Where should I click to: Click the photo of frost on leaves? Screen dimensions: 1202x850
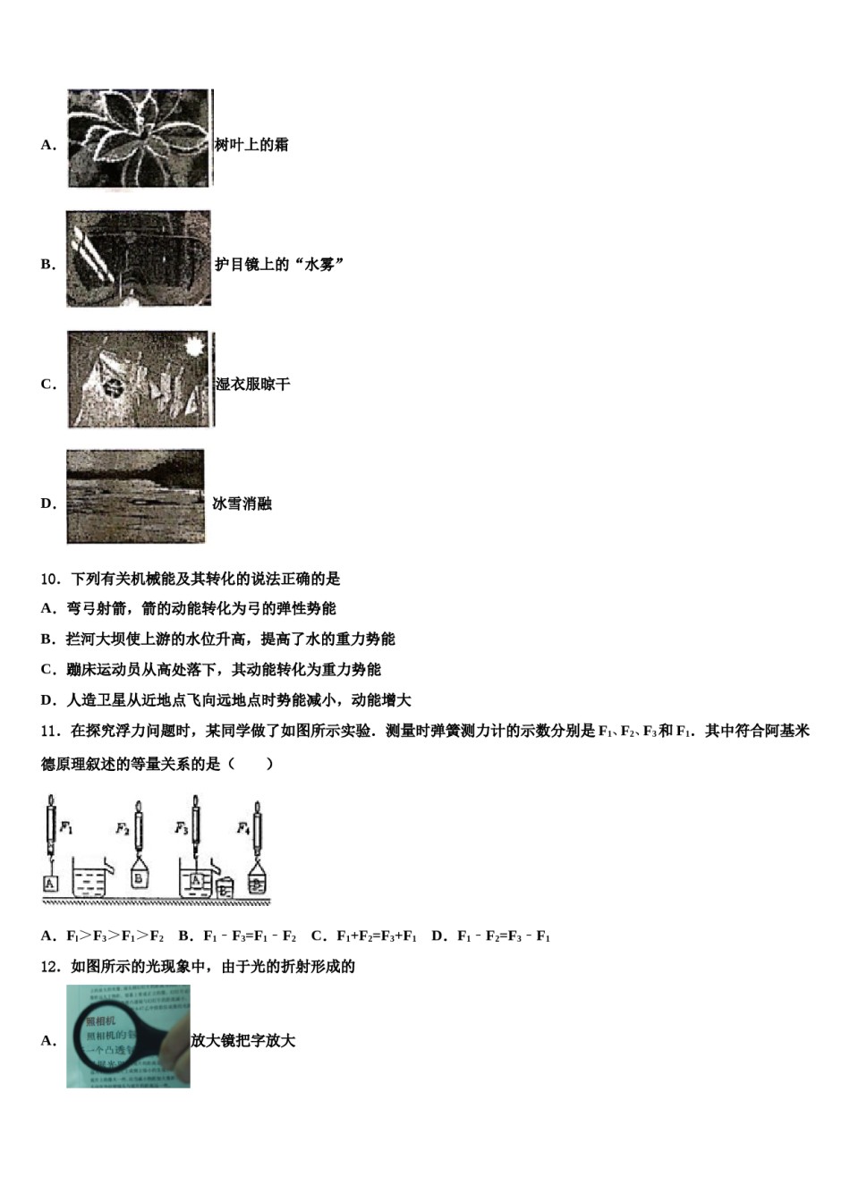(x=140, y=140)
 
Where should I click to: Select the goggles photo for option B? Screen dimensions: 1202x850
(x=139, y=259)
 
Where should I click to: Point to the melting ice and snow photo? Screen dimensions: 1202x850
(x=135, y=497)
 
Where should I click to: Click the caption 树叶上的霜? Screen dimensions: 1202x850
(x=251, y=145)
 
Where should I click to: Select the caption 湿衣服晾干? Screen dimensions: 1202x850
(x=253, y=385)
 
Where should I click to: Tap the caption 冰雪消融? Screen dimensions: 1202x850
(x=242, y=504)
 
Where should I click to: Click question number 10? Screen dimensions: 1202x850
(x=50, y=580)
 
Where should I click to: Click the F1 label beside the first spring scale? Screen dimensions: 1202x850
(x=66, y=828)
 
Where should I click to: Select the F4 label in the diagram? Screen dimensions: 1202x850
(x=242, y=828)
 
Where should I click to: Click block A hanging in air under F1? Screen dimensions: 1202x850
(x=50, y=884)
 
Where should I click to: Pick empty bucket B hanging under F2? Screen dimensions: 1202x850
(x=139, y=878)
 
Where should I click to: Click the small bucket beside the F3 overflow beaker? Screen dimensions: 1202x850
(x=225, y=888)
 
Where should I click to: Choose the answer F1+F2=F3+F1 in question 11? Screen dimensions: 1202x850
(x=376, y=936)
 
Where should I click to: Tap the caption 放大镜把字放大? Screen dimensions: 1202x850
(x=243, y=1041)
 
